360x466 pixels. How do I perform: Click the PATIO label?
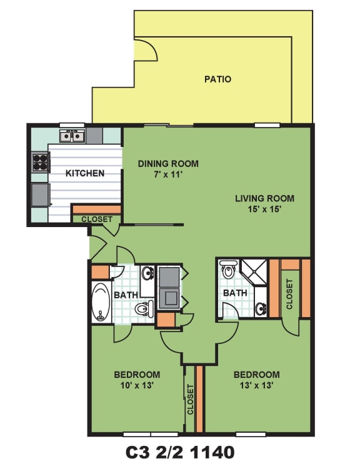click(x=217, y=79)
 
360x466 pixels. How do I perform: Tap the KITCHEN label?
click(x=85, y=173)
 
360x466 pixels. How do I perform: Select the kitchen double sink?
click(x=71, y=136)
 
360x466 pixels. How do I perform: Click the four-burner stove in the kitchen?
click(x=41, y=162)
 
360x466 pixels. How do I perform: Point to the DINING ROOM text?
click(x=168, y=164)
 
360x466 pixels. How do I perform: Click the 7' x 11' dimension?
click(x=168, y=175)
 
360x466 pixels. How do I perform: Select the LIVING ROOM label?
click(x=264, y=198)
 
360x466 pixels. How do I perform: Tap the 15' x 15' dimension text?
click(x=264, y=209)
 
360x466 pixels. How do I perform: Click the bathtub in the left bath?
click(x=101, y=302)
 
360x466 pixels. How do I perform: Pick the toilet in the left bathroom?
click(x=144, y=308)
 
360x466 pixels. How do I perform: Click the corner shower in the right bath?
click(x=254, y=272)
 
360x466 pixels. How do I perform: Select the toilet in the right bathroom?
click(x=228, y=269)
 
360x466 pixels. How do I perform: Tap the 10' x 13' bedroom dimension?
click(x=137, y=385)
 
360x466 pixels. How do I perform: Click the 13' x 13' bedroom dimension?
click(x=256, y=385)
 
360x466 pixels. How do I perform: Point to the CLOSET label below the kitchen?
click(x=97, y=220)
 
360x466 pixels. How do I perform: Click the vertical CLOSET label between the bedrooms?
click(x=191, y=400)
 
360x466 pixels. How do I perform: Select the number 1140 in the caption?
click(x=212, y=452)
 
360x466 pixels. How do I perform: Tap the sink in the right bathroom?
click(x=261, y=309)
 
